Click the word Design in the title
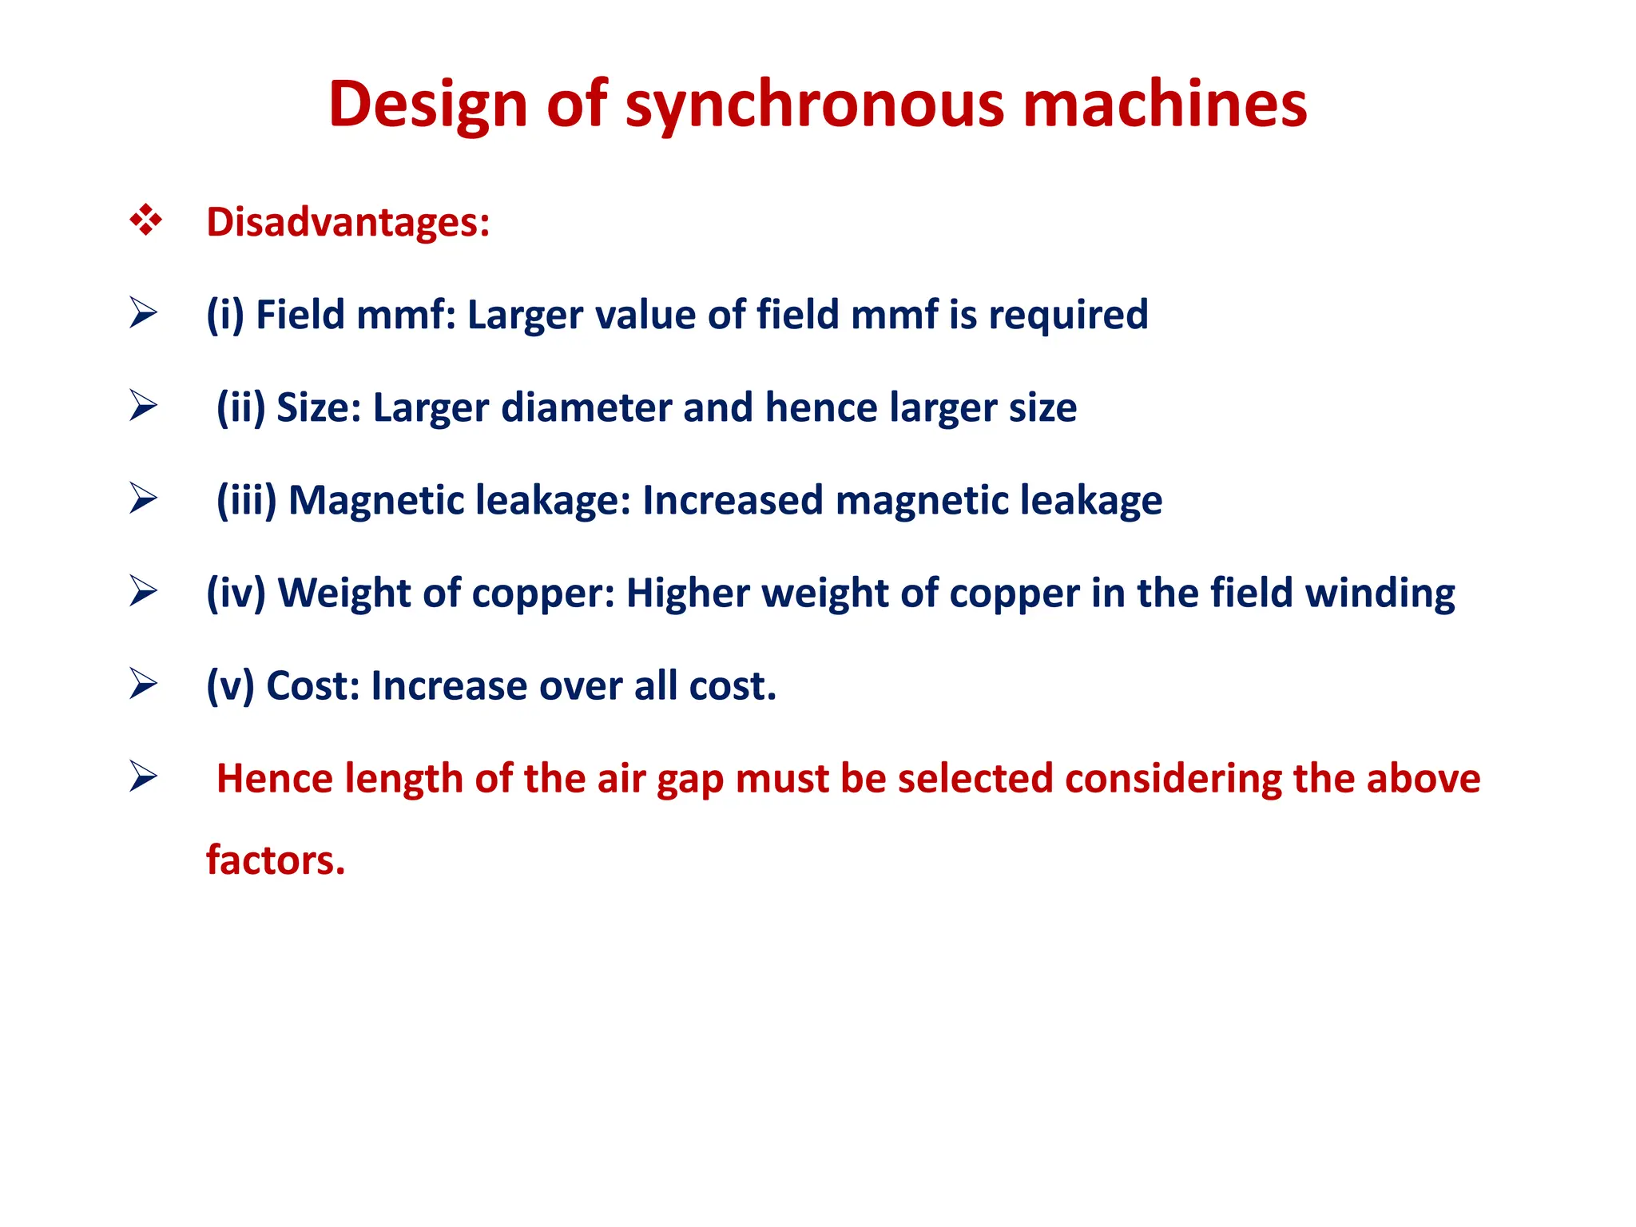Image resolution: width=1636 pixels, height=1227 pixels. coord(427,105)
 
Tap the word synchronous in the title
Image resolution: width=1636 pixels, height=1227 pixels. coord(814,105)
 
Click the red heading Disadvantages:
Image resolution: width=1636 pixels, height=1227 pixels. coord(347,222)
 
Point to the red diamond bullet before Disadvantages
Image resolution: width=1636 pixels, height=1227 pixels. coord(145,220)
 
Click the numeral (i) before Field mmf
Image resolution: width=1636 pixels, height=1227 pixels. coord(224,315)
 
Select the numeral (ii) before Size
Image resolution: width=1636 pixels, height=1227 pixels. coord(240,407)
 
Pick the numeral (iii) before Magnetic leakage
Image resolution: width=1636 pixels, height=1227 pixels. coord(246,500)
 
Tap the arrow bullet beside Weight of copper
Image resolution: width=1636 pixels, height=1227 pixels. coord(143,591)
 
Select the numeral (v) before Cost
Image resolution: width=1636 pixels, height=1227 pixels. coord(230,685)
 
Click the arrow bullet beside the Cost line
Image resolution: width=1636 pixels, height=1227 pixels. coord(143,684)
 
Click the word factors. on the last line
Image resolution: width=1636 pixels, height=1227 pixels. coord(276,860)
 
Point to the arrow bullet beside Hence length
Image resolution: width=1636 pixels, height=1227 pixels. coord(143,776)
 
